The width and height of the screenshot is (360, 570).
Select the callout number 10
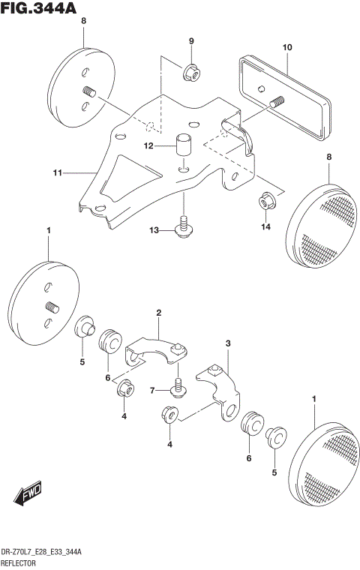tap(286, 47)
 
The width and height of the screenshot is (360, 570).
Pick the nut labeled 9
tap(190, 73)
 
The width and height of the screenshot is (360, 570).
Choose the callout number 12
tap(148, 145)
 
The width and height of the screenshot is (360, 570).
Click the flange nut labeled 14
tap(265, 201)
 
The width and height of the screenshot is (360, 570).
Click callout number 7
tap(152, 391)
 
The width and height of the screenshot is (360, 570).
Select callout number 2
tap(158, 312)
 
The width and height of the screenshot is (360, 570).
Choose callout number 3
tap(228, 343)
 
